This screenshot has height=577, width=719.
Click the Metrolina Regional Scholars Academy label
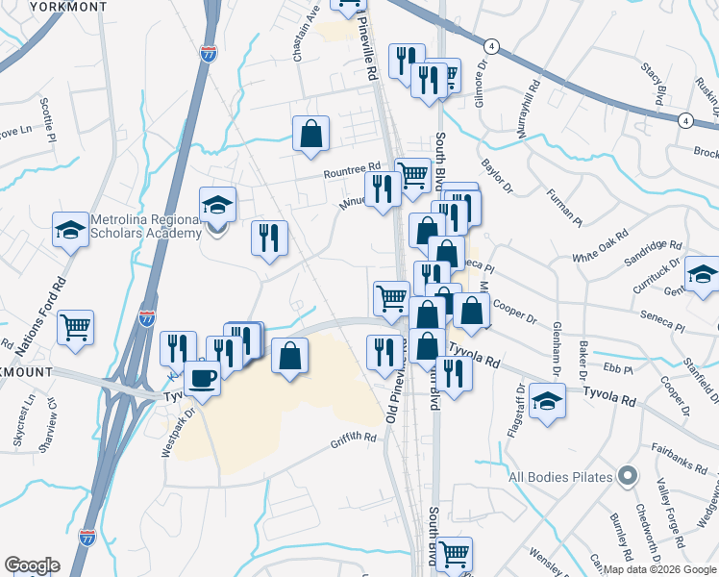click(144, 227)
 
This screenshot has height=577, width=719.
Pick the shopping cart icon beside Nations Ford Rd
click(76, 327)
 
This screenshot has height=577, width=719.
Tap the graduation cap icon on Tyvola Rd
click(548, 400)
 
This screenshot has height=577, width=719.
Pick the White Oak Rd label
click(600, 244)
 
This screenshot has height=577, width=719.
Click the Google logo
click(32, 565)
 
